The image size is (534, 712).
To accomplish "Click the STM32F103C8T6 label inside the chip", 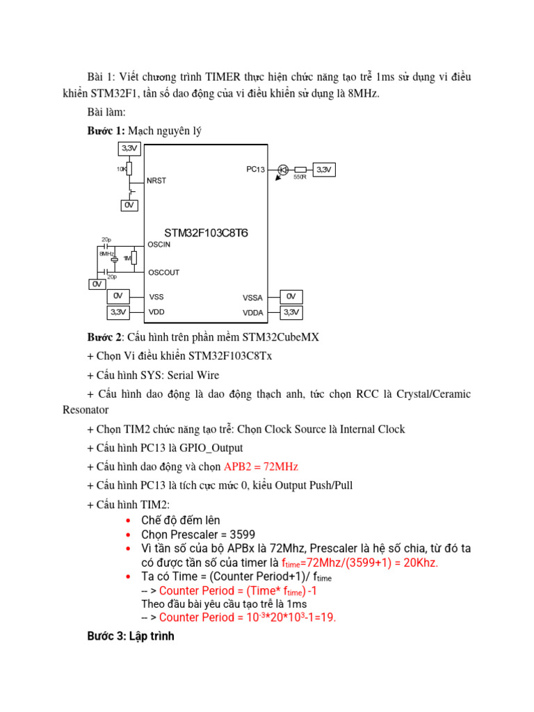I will click(x=206, y=232).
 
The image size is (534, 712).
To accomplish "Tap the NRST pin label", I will click(x=156, y=181).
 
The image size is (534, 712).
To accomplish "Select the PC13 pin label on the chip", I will click(x=255, y=169).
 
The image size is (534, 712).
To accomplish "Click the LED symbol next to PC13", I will click(x=283, y=170).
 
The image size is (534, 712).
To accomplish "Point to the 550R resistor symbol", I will click(x=300, y=170).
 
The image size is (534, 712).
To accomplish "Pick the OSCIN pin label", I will click(x=159, y=245).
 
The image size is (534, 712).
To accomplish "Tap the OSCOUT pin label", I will click(x=163, y=272).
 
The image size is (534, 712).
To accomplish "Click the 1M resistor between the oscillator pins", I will click(x=133, y=259).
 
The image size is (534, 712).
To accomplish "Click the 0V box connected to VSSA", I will click(x=291, y=297).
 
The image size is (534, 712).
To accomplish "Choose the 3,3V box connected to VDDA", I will click(x=291, y=312).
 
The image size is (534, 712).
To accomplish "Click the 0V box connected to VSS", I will click(x=118, y=297).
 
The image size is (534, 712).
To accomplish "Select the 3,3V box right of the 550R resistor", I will click(x=325, y=170).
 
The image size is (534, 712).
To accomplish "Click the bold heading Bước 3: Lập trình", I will click(x=131, y=636).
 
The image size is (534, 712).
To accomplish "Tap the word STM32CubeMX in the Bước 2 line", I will click(x=280, y=337).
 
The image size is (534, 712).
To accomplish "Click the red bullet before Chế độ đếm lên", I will click(x=127, y=520).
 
